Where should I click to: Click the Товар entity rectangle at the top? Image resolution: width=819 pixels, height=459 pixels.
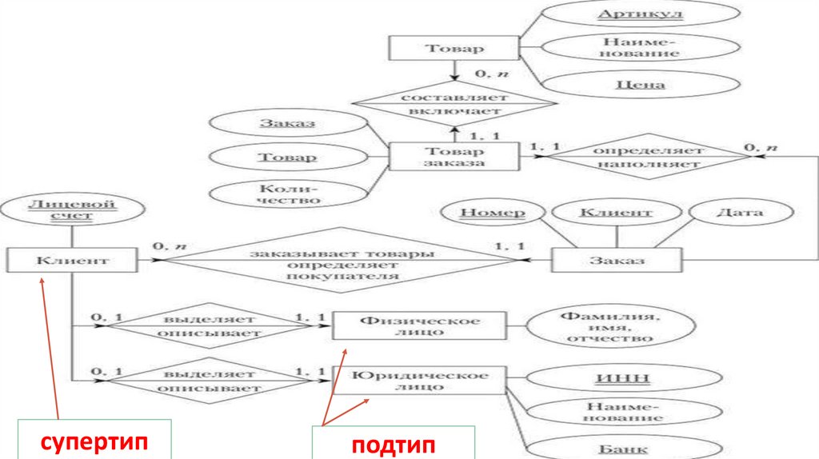click(453, 47)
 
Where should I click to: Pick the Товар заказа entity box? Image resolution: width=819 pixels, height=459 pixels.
click(453, 157)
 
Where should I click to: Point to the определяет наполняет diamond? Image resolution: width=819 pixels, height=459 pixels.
click(648, 157)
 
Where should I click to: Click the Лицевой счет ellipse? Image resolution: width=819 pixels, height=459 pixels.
click(72, 210)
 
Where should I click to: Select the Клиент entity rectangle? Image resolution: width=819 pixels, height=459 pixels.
click(71, 261)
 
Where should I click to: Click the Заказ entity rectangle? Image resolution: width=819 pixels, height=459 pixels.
click(617, 261)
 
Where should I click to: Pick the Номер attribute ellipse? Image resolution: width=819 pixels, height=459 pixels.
click(493, 213)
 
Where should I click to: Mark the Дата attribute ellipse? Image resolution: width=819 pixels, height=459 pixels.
click(739, 213)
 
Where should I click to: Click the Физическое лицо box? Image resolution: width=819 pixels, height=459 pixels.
click(419, 326)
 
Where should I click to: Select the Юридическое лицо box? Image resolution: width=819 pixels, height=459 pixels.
click(419, 380)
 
